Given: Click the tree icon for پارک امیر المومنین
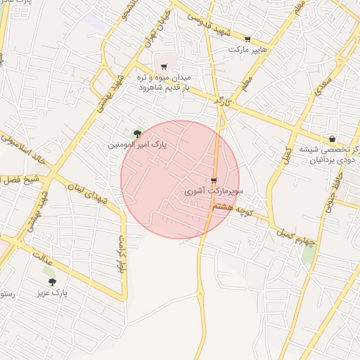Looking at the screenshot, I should (136, 133).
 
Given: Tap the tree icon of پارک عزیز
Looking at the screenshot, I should (52, 282).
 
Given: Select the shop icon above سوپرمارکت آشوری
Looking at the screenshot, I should (214, 181).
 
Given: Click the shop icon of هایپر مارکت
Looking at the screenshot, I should (247, 39).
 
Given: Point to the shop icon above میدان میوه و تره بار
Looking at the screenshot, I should (164, 67).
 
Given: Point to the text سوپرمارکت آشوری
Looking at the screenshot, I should (214, 191).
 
